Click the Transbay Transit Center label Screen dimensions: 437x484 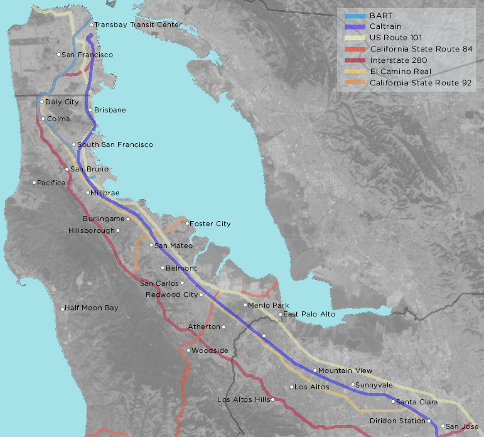[x=138, y=25]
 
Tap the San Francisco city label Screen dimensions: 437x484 [x=88, y=55]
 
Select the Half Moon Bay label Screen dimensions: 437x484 [x=92, y=308]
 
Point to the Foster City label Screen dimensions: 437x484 [x=210, y=224]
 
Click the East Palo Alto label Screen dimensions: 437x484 [x=309, y=314]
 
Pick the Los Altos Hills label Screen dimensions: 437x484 [x=243, y=399]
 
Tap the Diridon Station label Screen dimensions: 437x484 [x=397, y=421]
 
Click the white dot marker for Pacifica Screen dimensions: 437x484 [x=35, y=183]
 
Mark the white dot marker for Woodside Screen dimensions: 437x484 [x=188, y=350]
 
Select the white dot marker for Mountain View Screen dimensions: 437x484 [x=315, y=370]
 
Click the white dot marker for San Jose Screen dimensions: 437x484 [x=443, y=426]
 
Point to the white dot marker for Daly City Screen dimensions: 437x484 [x=42, y=102]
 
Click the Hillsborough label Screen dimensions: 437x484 [x=92, y=230]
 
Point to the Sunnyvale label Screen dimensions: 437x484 [x=375, y=385]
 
